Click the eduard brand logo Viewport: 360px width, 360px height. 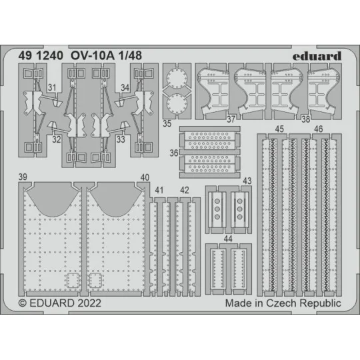317,55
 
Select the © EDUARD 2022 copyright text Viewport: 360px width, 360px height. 58,303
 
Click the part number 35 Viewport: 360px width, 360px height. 167,123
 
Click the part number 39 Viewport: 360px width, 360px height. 23,177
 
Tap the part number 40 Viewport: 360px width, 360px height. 145,177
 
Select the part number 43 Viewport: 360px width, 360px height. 247,181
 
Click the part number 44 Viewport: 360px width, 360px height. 228,238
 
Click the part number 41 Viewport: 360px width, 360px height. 159,190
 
